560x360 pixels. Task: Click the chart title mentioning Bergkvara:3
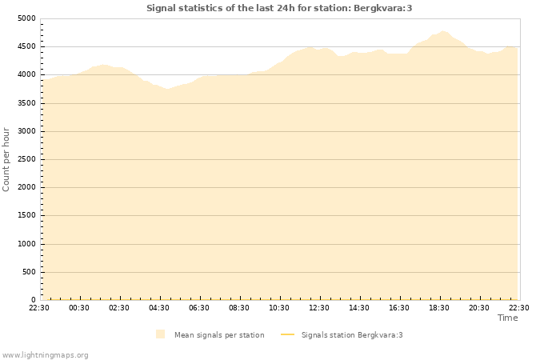coord(279,8)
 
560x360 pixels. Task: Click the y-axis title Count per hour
coord(6,159)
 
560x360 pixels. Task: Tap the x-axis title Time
coord(507,318)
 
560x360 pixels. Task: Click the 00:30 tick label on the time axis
coord(79,307)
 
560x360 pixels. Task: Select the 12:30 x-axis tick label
coord(319,307)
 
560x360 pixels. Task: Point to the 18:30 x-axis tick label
coord(439,307)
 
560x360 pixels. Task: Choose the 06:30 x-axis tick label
coord(199,307)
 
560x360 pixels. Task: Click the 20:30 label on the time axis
coord(479,307)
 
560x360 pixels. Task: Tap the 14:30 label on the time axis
coord(359,307)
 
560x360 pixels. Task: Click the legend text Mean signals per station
coord(219,334)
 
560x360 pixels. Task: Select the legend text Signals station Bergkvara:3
coord(352,334)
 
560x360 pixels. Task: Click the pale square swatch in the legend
coord(161,334)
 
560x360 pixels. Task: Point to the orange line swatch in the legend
coord(288,334)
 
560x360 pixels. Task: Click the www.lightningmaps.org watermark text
coord(45,354)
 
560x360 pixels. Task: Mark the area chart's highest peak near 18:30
coord(443,31)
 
